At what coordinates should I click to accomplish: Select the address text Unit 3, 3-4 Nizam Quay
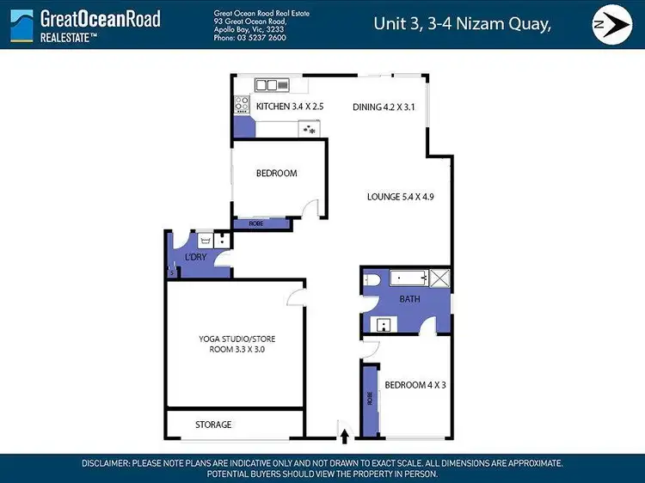coord(462,24)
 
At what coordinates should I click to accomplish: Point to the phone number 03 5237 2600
coord(263,39)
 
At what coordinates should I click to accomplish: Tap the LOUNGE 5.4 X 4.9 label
coord(400,197)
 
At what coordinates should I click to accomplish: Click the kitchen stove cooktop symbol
coord(242,106)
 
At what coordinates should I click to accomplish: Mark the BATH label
coord(409,299)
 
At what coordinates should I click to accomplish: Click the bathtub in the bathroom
coord(408,278)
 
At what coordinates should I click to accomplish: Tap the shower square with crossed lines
coord(439,278)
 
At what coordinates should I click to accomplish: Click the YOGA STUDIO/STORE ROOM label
coord(236,345)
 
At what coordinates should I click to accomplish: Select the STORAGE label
coord(213,425)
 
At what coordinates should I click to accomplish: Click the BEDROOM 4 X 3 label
coord(415,384)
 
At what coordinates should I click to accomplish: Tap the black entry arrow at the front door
coord(345,437)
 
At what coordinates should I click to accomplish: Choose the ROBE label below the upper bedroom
coord(256,223)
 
